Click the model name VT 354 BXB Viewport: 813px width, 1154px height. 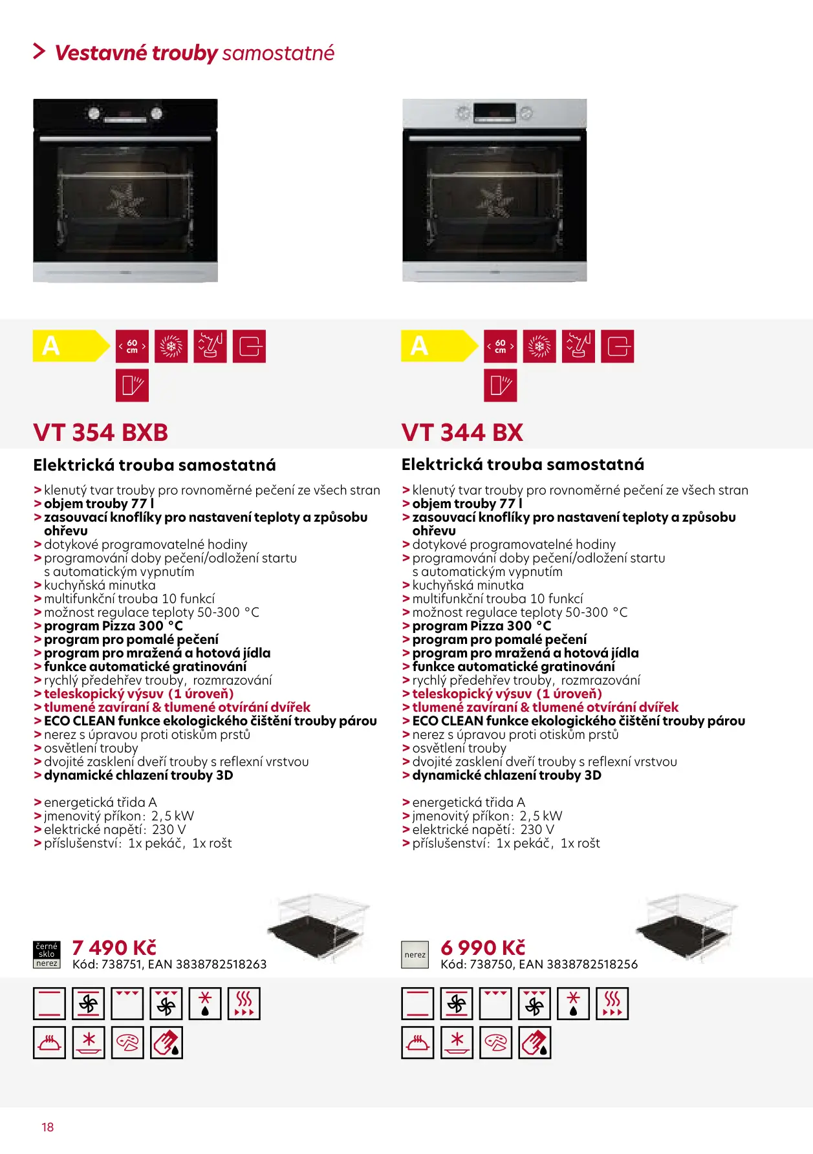pyautogui.click(x=100, y=433)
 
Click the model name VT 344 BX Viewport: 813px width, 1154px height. pyautogui.click(x=462, y=433)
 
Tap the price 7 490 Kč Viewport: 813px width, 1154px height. pyautogui.click(x=114, y=948)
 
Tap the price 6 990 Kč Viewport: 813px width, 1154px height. pyautogui.click(x=482, y=948)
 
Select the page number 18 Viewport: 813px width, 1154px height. pyautogui.click(x=48, y=1127)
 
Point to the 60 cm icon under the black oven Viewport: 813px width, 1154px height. pyautogui.click(x=132, y=347)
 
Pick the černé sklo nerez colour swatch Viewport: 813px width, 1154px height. pyautogui.click(x=47, y=954)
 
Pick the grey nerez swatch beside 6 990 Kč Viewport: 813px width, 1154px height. pyautogui.click(x=415, y=954)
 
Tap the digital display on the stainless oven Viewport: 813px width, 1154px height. pyautogui.click(x=494, y=113)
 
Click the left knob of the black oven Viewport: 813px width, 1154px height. pyautogui.click(x=94, y=114)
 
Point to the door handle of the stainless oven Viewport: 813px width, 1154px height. pyautogui.click(x=494, y=138)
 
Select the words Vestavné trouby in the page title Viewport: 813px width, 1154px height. pyautogui.click(x=136, y=52)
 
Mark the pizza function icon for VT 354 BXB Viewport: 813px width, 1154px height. pyautogui.click(x=127, y=1043)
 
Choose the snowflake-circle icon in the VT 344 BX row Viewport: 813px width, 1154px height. pyautogui.click(x=539, y=347)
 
